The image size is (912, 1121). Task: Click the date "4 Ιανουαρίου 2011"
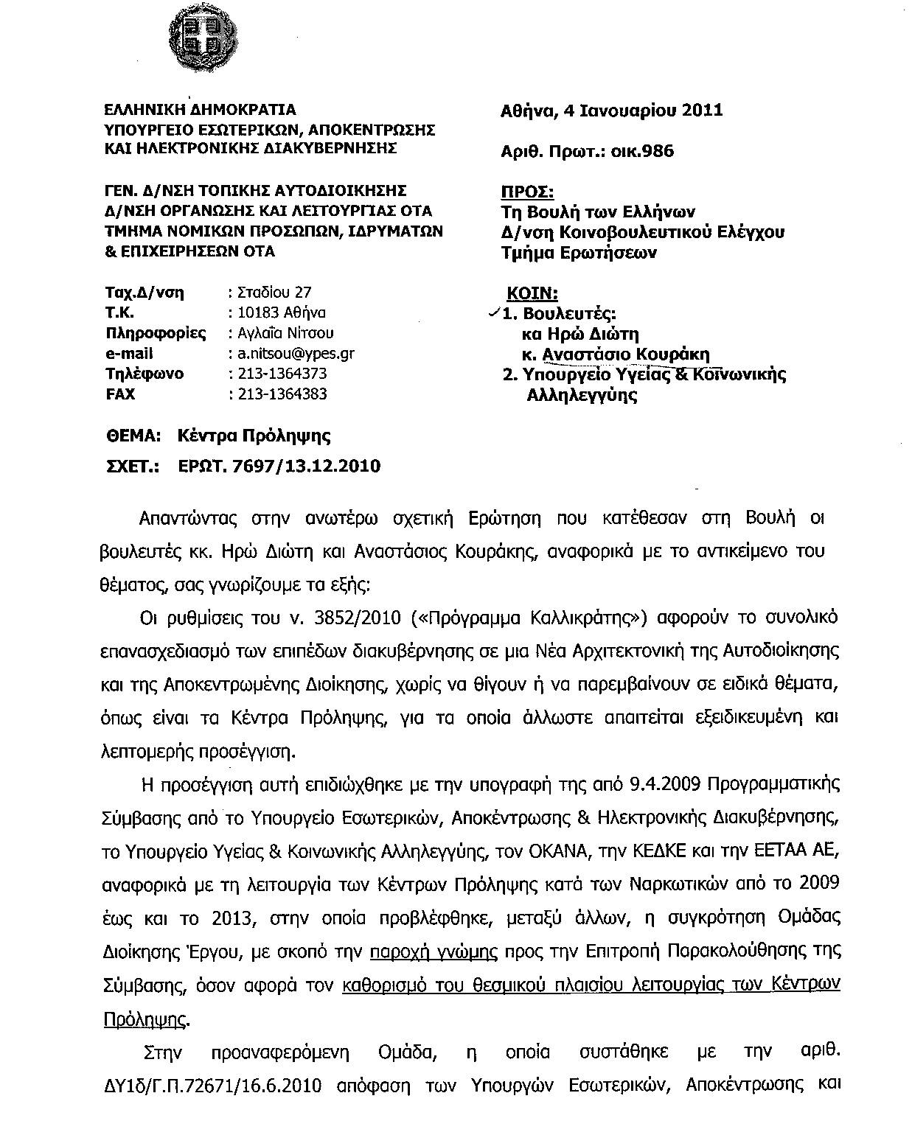pyautogui.click(x=642, y=111)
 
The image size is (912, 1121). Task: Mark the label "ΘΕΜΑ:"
pyautogui.click(x=133, y=436)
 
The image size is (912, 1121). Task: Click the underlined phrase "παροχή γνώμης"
pyautogui.click(x=434, y=951)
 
